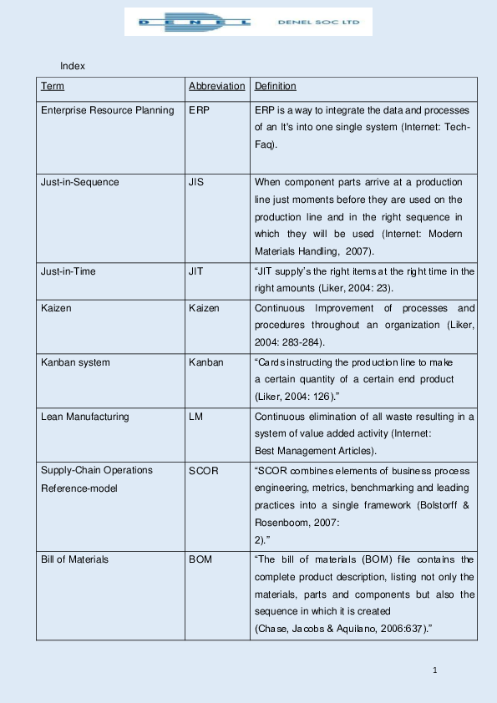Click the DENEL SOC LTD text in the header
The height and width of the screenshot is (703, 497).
point(323,23)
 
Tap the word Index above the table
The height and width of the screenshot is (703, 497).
point(73,65)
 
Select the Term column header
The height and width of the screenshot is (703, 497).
point(53,86)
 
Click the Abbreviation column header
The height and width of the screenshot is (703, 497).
point(217,86)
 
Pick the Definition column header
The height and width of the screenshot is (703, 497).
point(275,86)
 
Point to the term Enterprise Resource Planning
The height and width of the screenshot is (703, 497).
point(108,110)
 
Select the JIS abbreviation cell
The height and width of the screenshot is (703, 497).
point(197,182)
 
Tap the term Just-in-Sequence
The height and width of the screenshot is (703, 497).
point(80,182)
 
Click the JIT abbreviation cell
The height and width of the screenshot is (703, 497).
point(197,271)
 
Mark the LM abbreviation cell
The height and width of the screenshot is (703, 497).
point(195,416)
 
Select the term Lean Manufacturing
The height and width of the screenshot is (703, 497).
point(85,416)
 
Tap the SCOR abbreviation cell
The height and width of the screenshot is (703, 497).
point(203,470)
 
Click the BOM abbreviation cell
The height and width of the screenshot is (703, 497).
point(200,559)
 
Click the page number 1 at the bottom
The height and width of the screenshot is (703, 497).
point(435,670)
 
